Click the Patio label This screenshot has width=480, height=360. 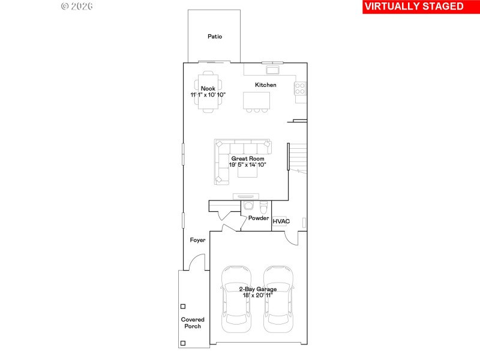(x=215, y=37)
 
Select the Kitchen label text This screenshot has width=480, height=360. (x=266, y=85)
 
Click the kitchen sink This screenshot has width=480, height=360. (x=265, y=70)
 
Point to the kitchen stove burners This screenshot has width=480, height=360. (x=300, y=89)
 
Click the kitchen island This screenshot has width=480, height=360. (x=256, y=100)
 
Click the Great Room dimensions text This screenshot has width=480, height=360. (x=247, y=164)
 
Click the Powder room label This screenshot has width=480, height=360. (x=259, y=218)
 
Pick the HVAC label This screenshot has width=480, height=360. (x=281, y=221)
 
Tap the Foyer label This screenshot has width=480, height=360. (x=197, y=240)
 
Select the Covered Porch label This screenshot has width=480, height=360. (x=193, y=323)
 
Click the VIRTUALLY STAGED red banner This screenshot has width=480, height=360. (x=413, y=7)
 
